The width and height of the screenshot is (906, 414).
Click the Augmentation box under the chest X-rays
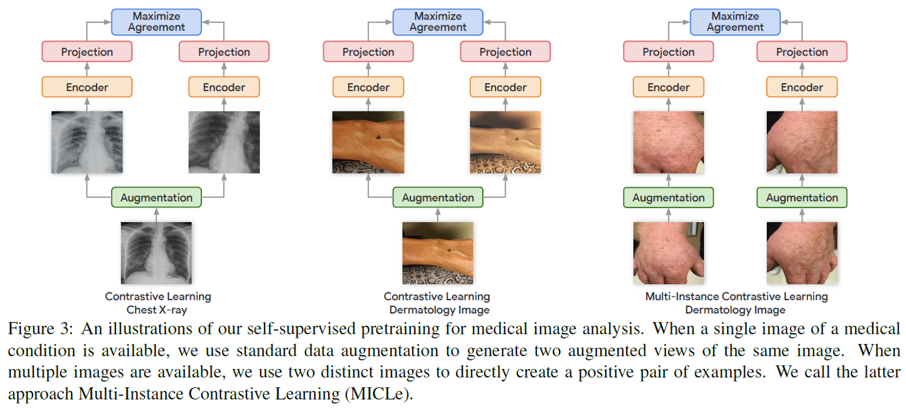156,198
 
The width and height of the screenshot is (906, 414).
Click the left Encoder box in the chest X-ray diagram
87,87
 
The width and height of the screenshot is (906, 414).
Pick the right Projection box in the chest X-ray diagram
224,52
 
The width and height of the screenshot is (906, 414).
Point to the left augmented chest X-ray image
87,142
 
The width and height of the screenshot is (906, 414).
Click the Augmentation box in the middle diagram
438,198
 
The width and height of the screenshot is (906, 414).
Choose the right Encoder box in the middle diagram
505,87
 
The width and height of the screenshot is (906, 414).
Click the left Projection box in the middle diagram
368,52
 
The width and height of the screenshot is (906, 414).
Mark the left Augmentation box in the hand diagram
669,198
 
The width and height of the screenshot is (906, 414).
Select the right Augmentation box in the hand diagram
802,198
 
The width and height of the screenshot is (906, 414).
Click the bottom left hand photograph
669,253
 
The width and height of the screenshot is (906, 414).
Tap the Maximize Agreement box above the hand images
735,21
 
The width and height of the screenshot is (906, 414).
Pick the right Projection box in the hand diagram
802,52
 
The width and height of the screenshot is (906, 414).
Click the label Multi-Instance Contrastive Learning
735,296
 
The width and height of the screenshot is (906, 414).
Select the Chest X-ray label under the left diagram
158,309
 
